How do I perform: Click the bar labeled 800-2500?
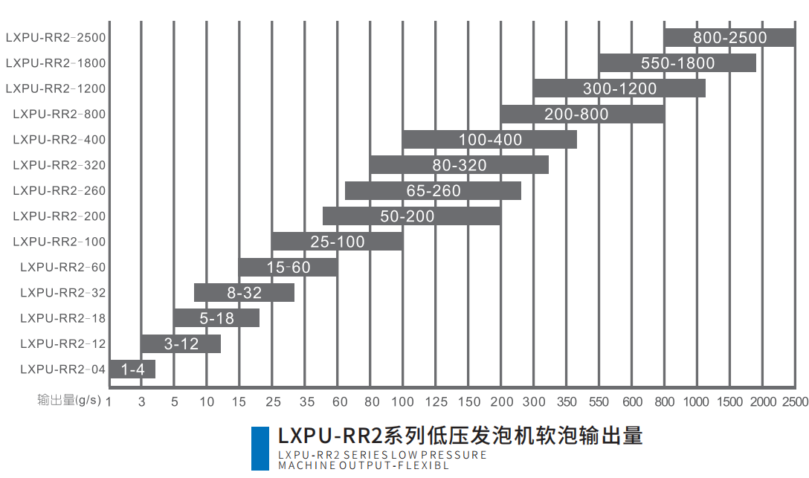[x=729, y=37]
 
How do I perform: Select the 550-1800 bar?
[x=677, y=63]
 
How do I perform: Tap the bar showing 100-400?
[x=490, y=140]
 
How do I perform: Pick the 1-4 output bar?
[x=132, y=369]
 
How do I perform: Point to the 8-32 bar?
[x=244, y=293]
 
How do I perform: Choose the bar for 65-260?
[x=433, y=191]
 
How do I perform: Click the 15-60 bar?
[x=288, y=268]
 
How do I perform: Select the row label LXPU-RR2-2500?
[x=56, y=37]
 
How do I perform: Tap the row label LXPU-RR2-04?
[x=63, y=369]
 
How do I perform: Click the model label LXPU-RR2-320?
[x=59, y=165]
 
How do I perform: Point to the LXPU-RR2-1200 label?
[x=56, y=88]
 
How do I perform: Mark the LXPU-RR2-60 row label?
[x=63, y=268]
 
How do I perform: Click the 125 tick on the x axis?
[x=436, y=402]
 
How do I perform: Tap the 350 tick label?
[x=567, y=402]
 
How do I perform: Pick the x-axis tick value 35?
[x=306, y=402]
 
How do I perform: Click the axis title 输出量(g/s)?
[x=70, y=401]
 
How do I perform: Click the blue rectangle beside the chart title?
[x=260, y=448]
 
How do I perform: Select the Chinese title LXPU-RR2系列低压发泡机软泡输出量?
[x=460, y=435]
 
